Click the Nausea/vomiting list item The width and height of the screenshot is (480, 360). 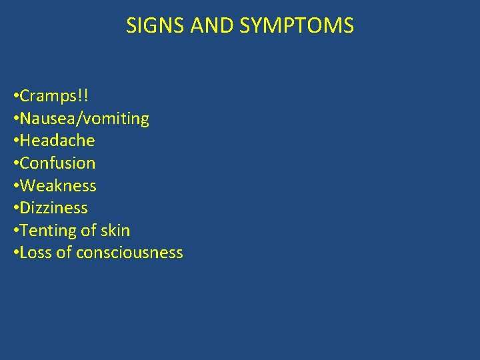85,119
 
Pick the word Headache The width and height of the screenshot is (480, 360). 57,141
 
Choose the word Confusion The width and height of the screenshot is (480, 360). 58,163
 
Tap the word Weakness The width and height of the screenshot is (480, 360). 58,186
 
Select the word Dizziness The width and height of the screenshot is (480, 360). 54,208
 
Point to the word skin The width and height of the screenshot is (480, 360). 115,231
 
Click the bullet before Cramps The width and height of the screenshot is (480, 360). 16,97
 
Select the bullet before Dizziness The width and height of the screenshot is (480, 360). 16,209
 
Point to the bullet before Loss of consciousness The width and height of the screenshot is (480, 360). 16,253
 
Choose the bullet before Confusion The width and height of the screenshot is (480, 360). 16,164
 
